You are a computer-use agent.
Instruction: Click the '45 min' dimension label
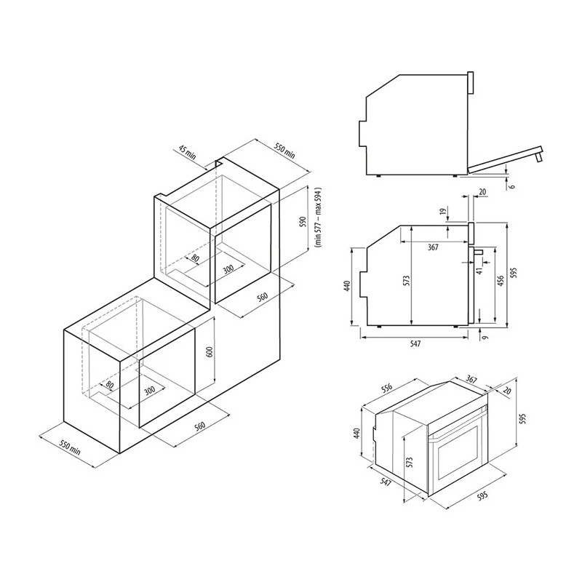187,153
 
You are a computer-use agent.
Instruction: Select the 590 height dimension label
303,222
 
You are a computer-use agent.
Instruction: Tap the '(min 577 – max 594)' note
318,218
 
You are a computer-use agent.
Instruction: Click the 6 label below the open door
512,185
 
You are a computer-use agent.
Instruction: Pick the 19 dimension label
442,211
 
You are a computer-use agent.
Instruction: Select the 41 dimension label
479,271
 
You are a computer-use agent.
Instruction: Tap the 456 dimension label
501,281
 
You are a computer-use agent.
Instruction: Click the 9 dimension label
486,337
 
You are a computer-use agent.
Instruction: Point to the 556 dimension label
386,388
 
